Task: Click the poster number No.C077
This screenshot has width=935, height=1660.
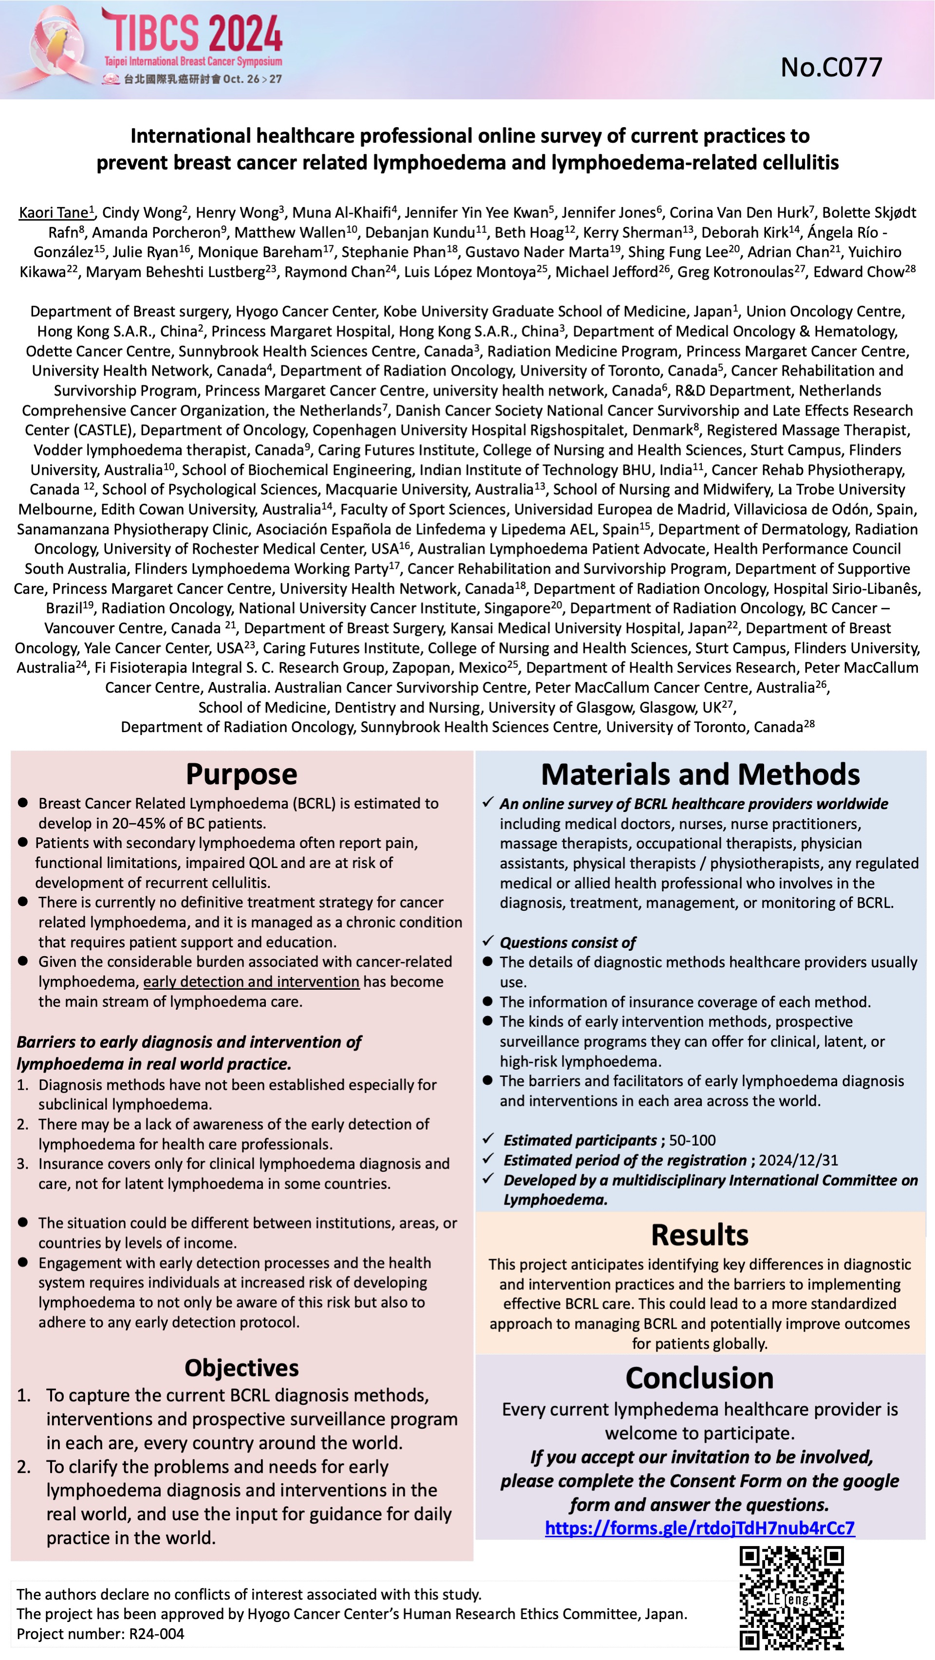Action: coord(831,68)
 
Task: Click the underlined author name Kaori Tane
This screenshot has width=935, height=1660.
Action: coord(54,213)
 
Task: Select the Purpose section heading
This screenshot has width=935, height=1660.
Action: coord(242,774)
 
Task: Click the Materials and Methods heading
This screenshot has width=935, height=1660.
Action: coord(700,774)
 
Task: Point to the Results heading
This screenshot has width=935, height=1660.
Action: coord(700,1235)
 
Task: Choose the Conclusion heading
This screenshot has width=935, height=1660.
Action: coord(700,1378)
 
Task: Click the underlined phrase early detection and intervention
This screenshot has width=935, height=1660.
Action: coord(251,981)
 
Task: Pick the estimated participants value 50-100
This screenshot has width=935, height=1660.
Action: coord(692,1140)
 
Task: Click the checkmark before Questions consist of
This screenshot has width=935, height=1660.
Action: coord(488,942)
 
